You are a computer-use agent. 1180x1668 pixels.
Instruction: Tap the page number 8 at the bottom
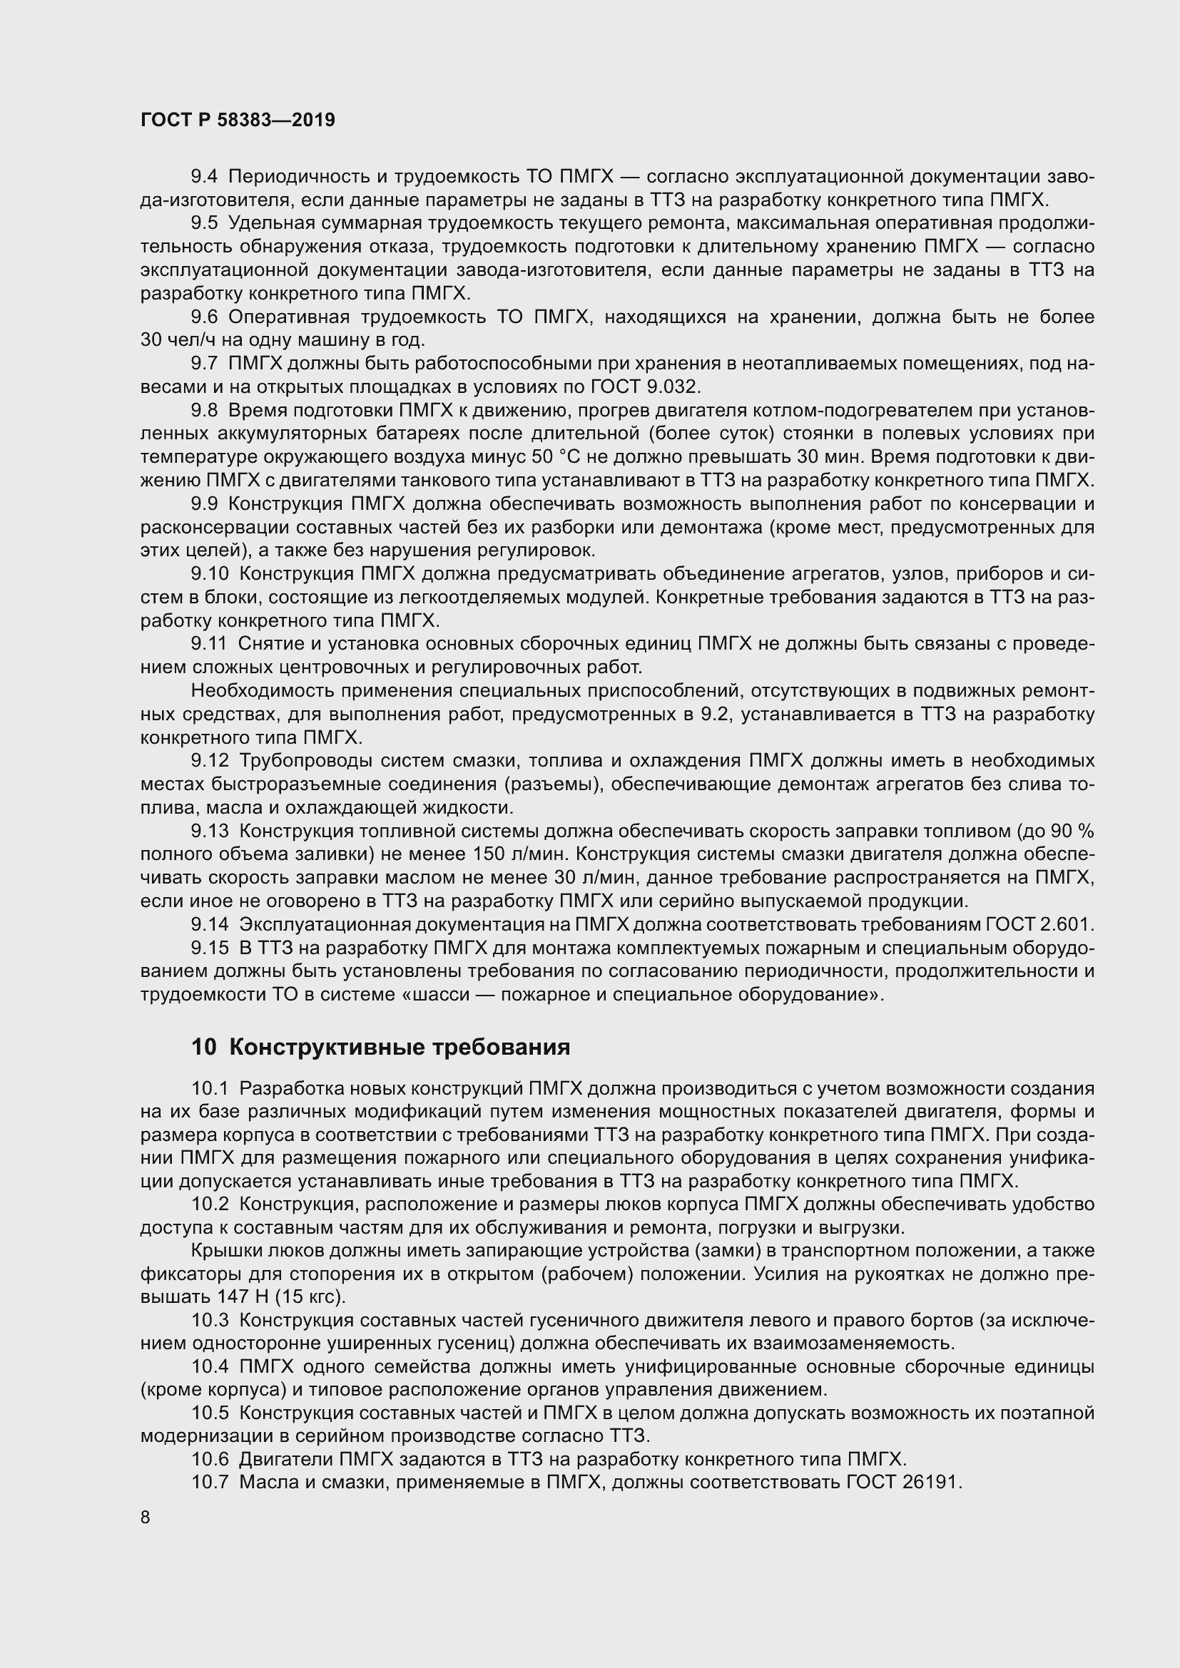(x=146, y=1517)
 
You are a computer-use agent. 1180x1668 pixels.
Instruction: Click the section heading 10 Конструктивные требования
(x=381, y=1047)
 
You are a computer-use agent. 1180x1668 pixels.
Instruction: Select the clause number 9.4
(x=204, y=177)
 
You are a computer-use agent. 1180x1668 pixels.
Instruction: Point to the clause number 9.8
(x=204, y=410)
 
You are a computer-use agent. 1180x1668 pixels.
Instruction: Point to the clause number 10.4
(x=210, y=1366)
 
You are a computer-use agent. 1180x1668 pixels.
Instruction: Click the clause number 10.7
(x=210, y=1483)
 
